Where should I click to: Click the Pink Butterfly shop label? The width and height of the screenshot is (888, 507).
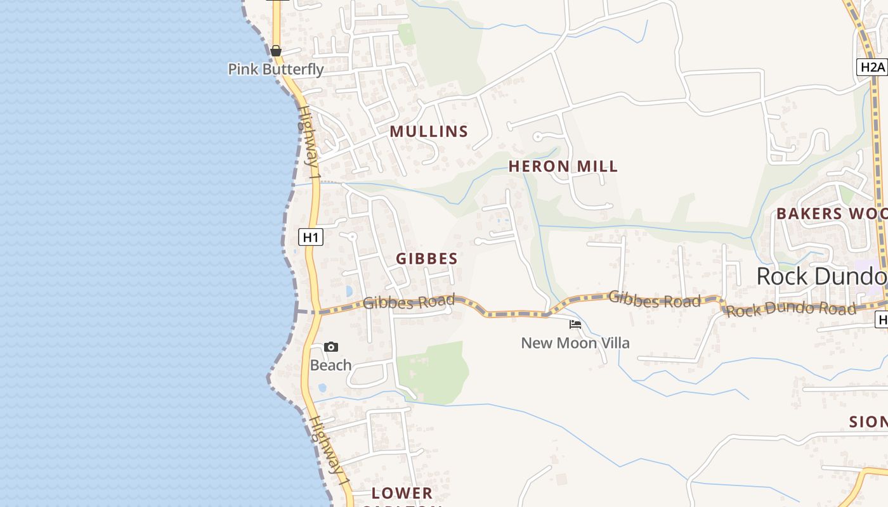[276, 69]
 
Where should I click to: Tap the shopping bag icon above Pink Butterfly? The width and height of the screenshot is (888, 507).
[276, 51]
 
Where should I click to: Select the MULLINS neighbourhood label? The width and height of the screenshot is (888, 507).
[429, 132]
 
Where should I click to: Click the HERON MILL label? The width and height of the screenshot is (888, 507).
[563, 167]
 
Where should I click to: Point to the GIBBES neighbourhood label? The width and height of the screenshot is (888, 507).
[427, 259]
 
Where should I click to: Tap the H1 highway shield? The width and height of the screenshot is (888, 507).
[310, 238]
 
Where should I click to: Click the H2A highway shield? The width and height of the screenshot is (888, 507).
[872, 67]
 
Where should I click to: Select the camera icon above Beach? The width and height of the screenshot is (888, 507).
[330, 347]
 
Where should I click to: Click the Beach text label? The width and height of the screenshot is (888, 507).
[330, 365]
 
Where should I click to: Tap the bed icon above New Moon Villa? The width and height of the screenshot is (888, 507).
[575, 324]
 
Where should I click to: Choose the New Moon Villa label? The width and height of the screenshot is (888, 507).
[575, 343]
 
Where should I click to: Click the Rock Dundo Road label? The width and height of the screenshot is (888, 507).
[791, 309]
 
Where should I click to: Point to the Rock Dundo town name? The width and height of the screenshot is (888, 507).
[821, 276]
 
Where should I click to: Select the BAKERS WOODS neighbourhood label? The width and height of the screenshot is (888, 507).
[832, 214]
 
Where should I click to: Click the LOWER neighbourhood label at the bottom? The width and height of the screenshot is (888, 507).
[402, 493]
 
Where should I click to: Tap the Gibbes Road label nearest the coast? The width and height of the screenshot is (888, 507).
[408, 302]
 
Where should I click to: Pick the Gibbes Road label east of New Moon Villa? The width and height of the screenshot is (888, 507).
[655, 299]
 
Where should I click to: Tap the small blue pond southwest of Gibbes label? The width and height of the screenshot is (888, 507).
[349, 291]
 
